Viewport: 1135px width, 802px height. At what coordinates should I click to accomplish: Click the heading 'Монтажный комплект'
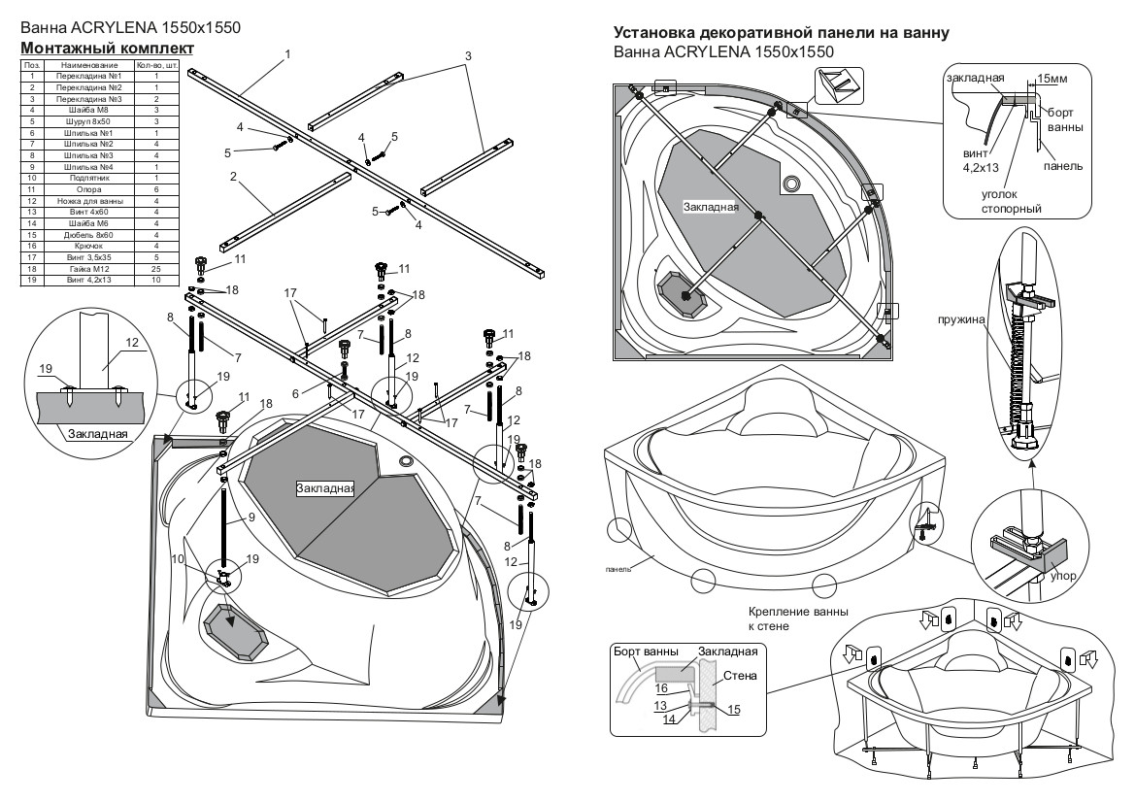(x=108, y=49)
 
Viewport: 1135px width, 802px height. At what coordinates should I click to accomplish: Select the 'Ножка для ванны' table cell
(x=89, y=200)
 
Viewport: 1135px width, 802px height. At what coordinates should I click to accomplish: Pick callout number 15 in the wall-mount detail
(x=733, y=711)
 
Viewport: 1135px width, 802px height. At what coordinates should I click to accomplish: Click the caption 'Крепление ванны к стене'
(x=798, y=618)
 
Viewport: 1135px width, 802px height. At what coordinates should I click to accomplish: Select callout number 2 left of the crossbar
(x=234, y=176)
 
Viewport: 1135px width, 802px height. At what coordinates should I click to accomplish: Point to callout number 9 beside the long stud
(x=250, y=518)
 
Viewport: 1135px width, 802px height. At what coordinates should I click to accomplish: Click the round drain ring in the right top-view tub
(x=791, y=183)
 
